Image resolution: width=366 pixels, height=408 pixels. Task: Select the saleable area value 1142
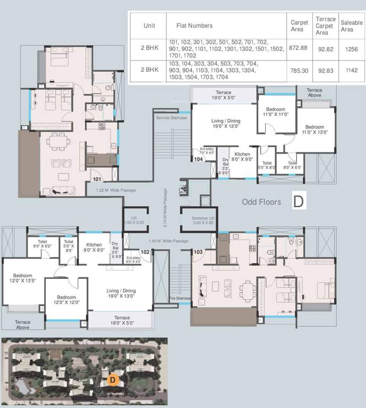point(351,70)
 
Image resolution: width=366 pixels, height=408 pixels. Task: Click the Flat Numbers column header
point(194,25)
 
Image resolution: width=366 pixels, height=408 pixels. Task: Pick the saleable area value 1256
point(351,48)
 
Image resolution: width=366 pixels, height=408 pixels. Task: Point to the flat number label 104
point(198,159)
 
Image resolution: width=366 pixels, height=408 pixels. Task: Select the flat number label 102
point(145,252)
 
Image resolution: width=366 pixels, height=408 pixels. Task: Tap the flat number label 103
point(198,252)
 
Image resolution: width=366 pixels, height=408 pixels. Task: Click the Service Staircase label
point(171,117)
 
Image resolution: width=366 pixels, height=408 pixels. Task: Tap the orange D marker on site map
point(112,380)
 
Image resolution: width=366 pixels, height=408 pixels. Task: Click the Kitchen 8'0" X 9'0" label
point(243,156)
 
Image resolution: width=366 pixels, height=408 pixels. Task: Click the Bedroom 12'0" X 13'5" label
point(23,278)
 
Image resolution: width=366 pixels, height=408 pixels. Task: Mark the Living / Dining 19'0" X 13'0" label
point(121,294)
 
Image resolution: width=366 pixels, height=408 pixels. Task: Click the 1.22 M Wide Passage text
point(116,190)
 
